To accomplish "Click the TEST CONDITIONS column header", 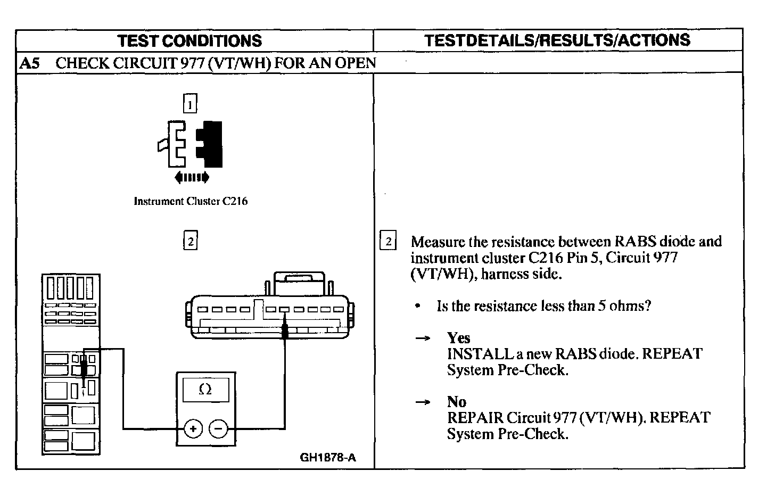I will (x=189, y=41).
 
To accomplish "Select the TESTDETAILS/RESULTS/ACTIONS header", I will (x=557, y=40).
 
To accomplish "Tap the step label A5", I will (x=30, y=63).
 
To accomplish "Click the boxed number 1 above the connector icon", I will (x=190, y=103).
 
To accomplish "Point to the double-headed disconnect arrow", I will (x=192, y=177).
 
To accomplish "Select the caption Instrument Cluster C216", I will (x=191, y=201).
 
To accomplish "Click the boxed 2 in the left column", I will (x=190, y=241).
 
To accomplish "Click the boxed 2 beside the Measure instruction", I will (x=388, y=242).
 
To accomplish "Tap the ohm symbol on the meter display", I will (x=205, y=390).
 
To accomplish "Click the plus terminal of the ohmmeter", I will (x=193, y=428).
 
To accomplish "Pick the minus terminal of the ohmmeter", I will (x=218, y=428).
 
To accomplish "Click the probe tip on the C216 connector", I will (x=285, y=332).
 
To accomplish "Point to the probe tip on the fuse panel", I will (x=84, y=368).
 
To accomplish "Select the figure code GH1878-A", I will (x=327, y=458).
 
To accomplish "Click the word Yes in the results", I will (x=458, y=338).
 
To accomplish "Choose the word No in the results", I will (x=456, y=402).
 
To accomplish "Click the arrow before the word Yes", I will (x=423, y=338).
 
